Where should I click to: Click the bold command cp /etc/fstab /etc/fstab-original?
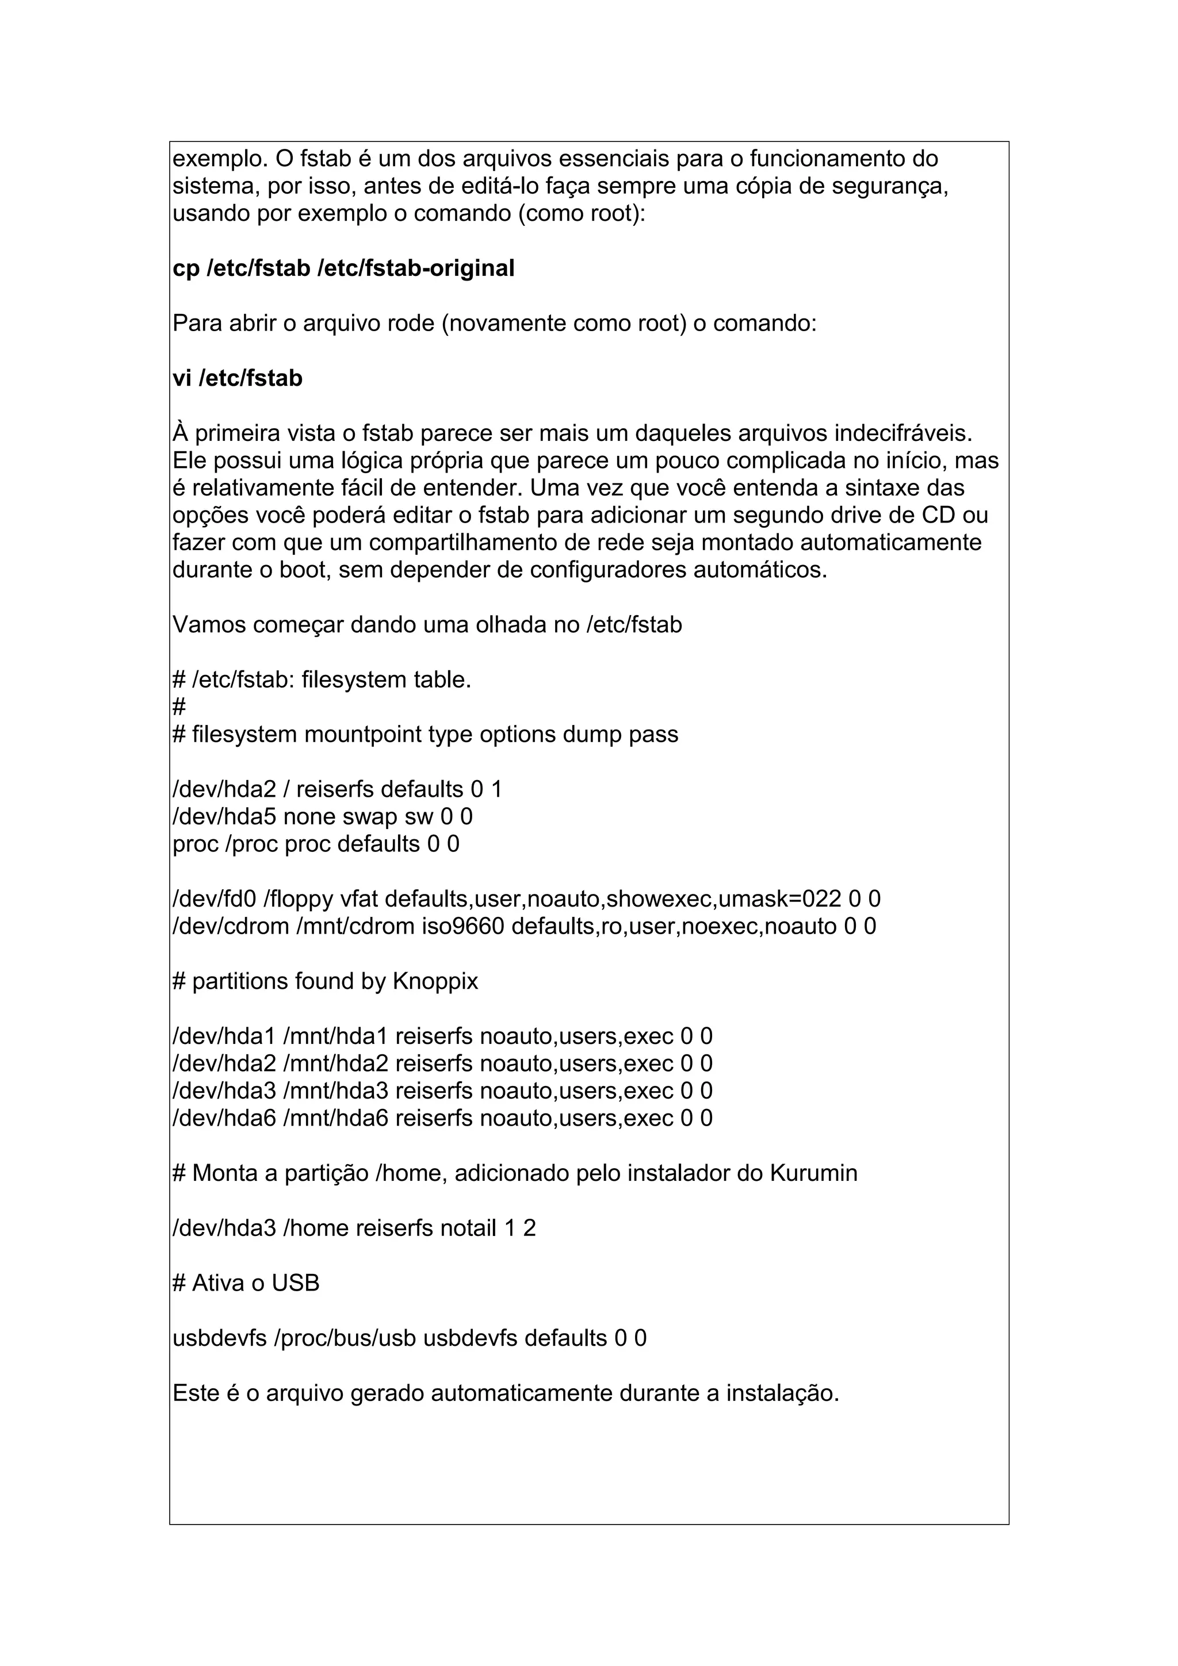(x=343, y=268)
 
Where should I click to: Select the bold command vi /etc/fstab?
(x=238, y=379)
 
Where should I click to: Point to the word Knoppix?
(x=435, y=982)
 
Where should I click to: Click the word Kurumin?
(x=812, y=1173)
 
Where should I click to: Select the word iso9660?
(x=462, y=927)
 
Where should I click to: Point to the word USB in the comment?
(x=296, y=1284)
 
